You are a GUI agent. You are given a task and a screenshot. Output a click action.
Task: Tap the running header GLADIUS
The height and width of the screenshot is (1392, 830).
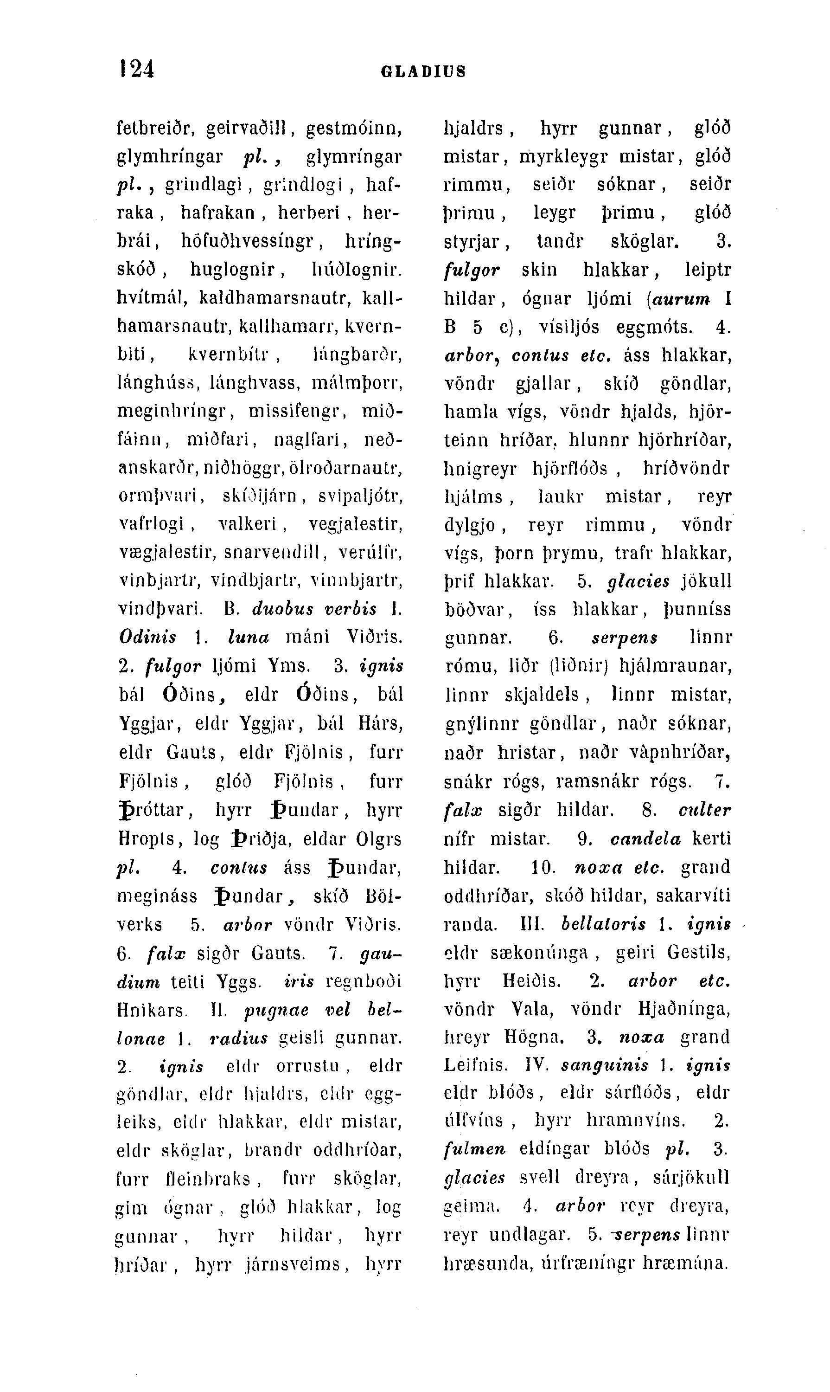point(423,71)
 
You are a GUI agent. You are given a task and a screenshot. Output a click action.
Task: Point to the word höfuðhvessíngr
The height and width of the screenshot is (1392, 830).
point(249,241)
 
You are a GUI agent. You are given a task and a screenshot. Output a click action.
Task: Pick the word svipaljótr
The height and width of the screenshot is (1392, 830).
point(360,496)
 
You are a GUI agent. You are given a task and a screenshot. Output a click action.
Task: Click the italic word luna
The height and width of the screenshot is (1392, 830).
point(249,637)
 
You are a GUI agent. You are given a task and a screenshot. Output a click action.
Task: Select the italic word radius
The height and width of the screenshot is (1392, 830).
point(238,1038)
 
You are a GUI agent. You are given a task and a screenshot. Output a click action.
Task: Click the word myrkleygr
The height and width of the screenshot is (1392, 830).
point(563,156)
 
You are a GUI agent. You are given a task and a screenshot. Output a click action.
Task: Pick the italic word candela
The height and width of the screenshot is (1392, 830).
point(645,839)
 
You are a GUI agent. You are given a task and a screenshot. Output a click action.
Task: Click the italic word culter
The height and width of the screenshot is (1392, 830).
point(704,810)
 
